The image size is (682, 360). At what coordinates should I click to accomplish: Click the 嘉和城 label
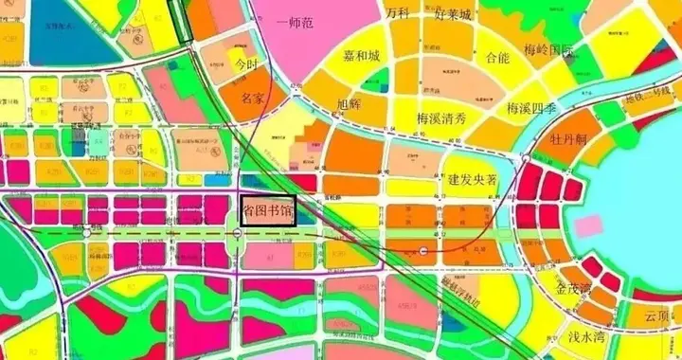click(x=361, y=57)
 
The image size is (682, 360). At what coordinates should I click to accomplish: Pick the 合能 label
click(x=497, y=58)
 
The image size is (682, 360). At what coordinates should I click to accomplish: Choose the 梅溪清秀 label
click(x=441, y=118)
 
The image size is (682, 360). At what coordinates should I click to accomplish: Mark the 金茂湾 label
click(x=573, y=288)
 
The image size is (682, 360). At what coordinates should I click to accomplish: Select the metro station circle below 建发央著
click(x=423, y=252)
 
